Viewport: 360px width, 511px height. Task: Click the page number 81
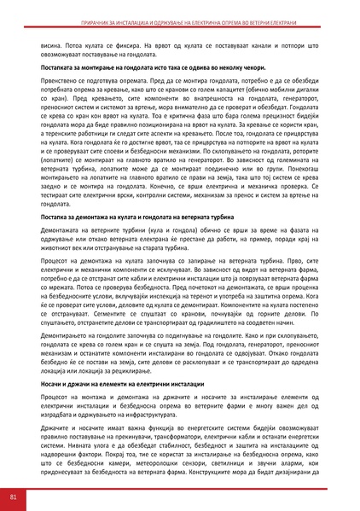coord(13,496)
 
